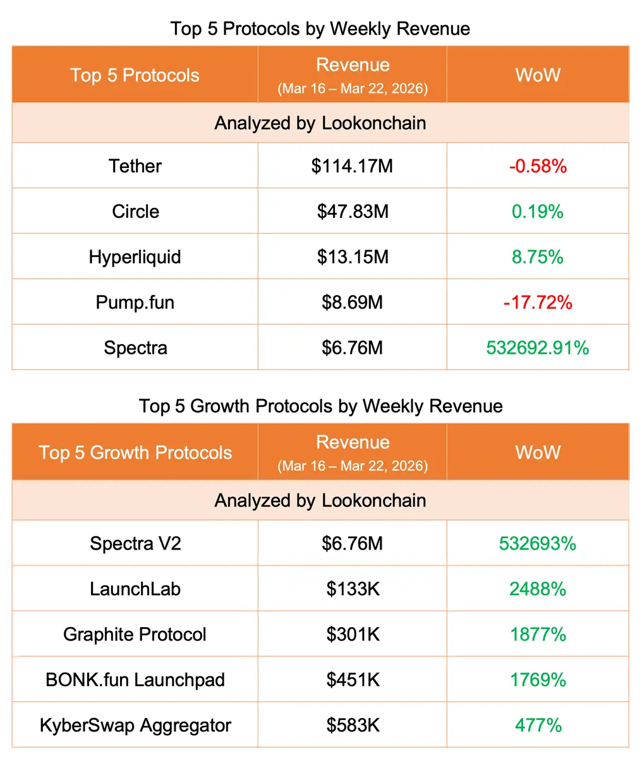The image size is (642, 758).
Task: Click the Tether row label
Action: pos(135,166)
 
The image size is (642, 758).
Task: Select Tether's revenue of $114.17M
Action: pos(352,166)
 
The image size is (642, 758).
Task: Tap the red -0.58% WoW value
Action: pos(538,166)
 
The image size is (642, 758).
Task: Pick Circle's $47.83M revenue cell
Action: pos(352,212)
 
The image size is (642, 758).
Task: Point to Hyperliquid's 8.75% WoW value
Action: pos(538,257)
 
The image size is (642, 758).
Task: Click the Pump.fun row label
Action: pos(135,303)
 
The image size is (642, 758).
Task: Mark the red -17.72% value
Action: pos(538,303)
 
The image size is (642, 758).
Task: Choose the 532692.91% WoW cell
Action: pos(538,348)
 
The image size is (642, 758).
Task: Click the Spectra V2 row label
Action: pos(135,544)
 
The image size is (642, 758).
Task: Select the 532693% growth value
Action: pos(538,544)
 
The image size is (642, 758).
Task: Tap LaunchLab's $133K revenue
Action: pos(353,589)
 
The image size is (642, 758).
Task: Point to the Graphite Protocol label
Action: pos(135,635)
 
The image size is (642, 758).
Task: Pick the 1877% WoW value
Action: pos(538,635)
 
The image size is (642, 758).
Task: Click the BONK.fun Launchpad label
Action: pos(135,680)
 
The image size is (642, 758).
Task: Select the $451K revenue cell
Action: pos(353,680)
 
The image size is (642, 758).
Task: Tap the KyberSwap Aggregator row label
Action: pos(135,726)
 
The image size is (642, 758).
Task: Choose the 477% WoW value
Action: pos(538,726)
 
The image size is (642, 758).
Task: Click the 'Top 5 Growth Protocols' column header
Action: pos(135,453)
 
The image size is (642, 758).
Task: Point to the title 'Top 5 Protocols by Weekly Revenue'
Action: pos(320,29)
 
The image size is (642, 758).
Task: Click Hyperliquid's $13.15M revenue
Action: pos(352,257)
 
